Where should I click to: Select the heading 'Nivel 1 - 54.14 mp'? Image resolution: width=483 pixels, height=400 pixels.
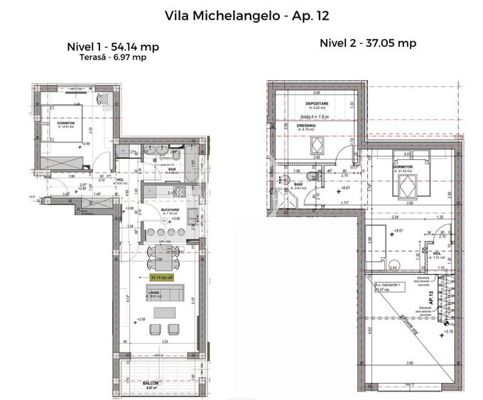112,47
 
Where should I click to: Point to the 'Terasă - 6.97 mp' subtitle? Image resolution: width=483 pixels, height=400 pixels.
112,58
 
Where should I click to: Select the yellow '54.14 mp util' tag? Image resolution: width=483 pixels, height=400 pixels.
165,278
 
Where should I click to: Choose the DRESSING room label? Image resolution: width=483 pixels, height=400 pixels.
306,126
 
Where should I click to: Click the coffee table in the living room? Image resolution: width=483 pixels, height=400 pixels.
165,312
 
